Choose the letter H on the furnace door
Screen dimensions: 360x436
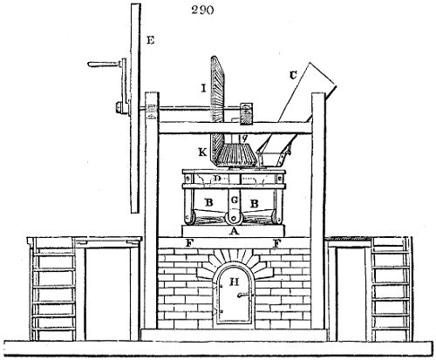tap(232, 282)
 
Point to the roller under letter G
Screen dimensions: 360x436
tap(232, 218)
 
